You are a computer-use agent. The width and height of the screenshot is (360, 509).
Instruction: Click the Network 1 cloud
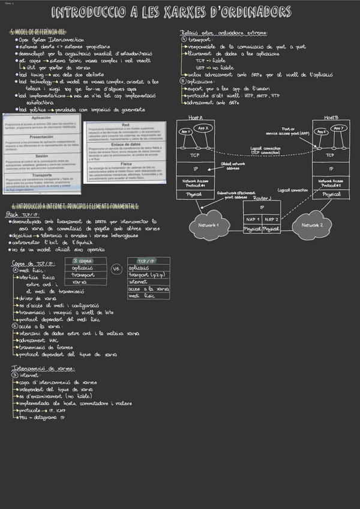(x=204, y=225)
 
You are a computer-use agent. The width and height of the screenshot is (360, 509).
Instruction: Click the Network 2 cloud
(x=313, y=225)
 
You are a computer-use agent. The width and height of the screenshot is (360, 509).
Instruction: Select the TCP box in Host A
(x=195, y=155)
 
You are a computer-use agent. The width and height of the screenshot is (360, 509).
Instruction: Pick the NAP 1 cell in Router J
(x=253, y=220)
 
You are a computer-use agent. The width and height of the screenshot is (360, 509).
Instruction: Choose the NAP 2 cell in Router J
(x=271, y=220)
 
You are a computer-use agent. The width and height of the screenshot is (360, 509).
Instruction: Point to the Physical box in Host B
(x=331, y=194)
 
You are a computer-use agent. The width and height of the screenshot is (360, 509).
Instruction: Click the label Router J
(x=262, y=197)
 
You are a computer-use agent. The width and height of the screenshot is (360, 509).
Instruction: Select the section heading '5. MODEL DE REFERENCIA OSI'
(x=38, y=32)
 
